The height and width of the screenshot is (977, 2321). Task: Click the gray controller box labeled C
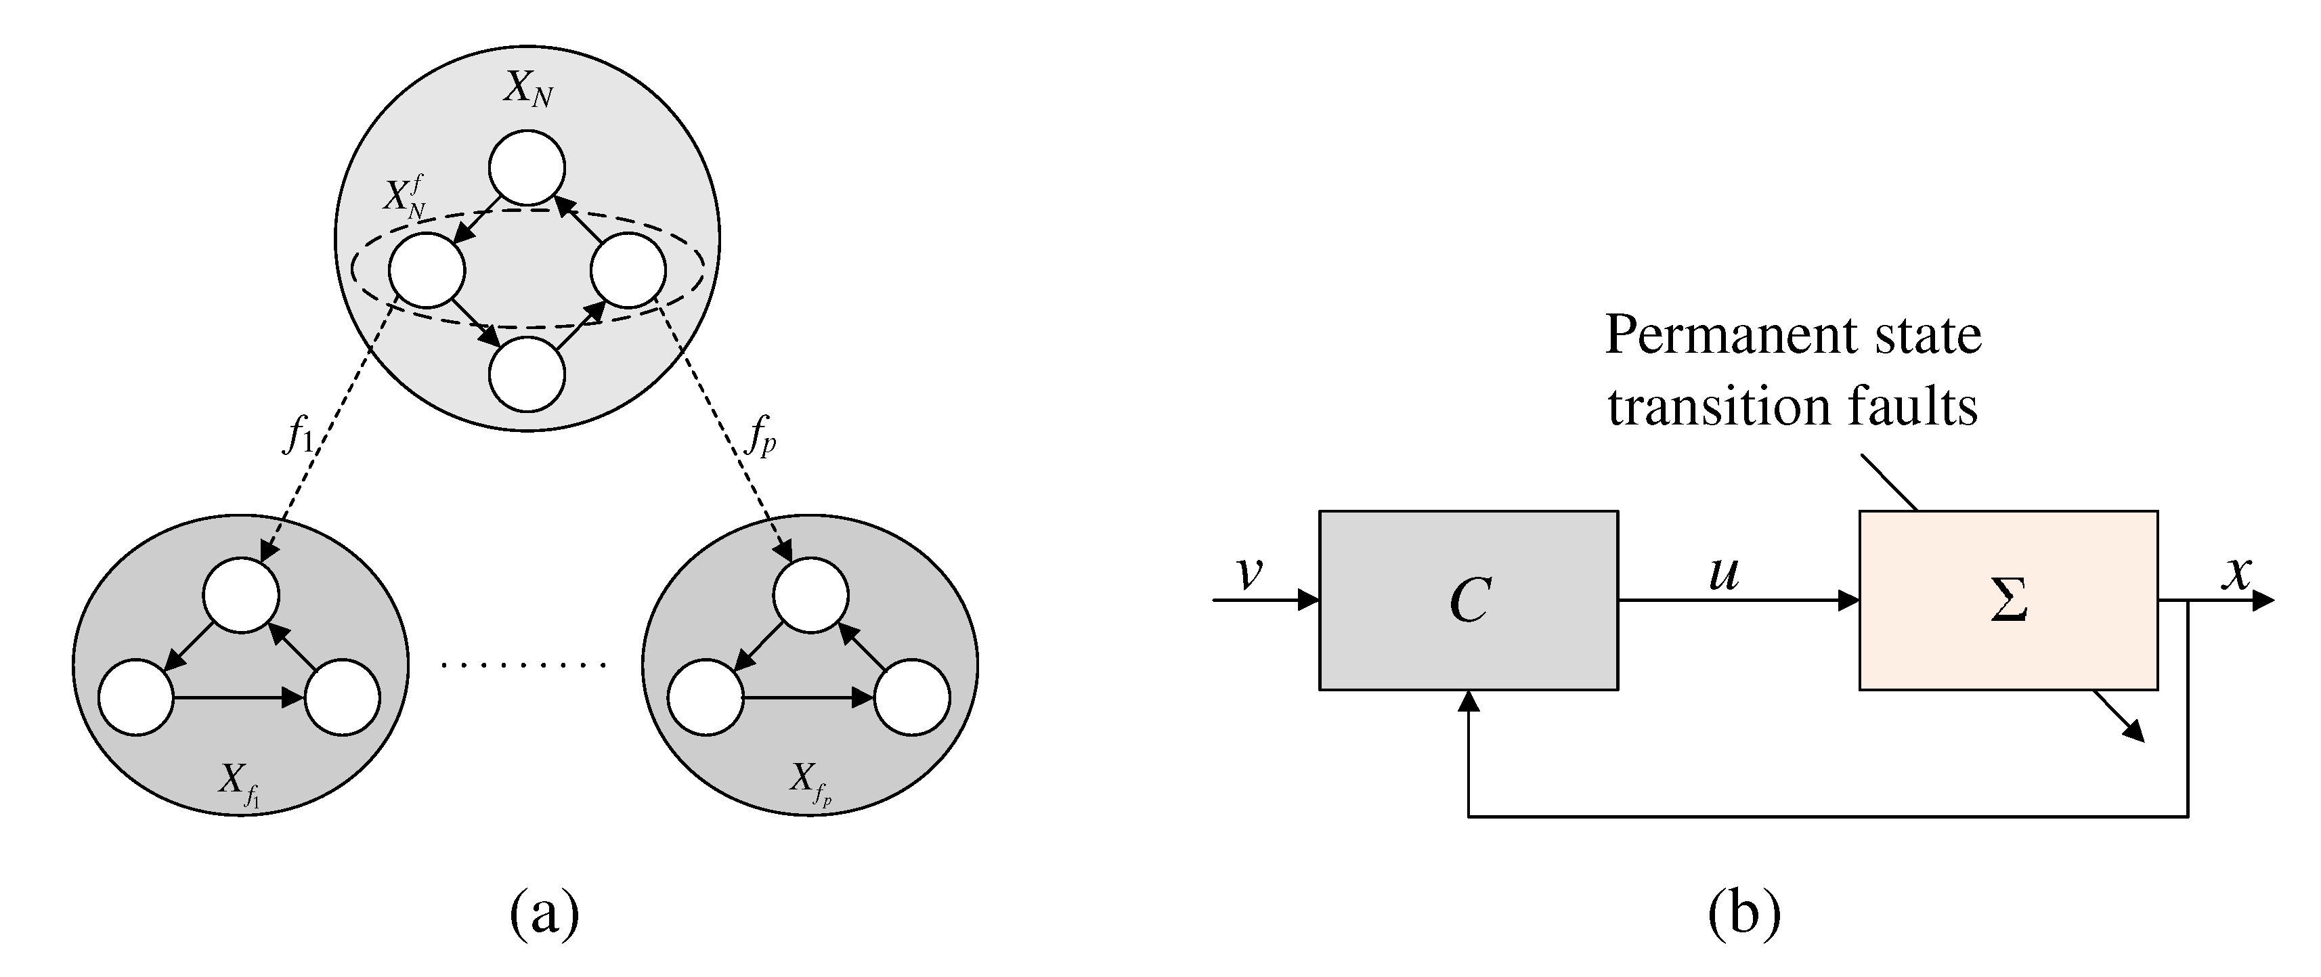[x=1468, y=601]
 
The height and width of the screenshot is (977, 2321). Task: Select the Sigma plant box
[x=2008, y=601]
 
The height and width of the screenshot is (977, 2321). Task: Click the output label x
[x=2236, y=571]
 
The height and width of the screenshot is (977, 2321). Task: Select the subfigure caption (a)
[x=544, y=914]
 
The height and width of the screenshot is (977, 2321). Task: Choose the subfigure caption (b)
[x=1743, y=914]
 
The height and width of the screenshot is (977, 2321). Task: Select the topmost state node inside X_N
[x=527, y=168]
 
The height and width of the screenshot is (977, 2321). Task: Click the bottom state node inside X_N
[x=527, y=374]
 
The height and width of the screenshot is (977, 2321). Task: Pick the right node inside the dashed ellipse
[x=628, y=270]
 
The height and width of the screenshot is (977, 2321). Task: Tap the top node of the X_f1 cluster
[x=242, y=596]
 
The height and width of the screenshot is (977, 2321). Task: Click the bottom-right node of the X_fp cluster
[x=912, y=697]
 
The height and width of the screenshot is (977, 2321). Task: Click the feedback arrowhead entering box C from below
[x=1469, y=701]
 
